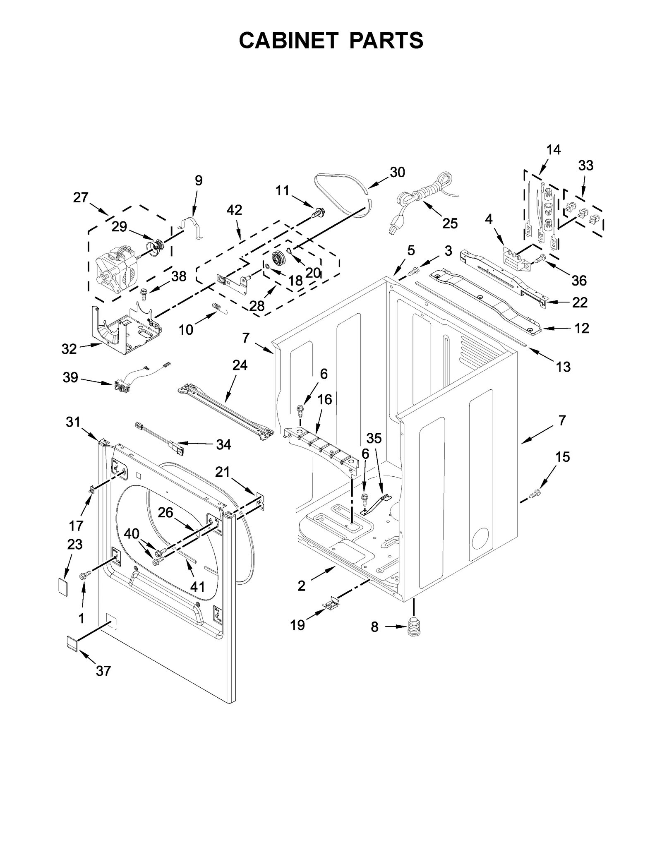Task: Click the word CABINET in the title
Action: [x=290, y=41]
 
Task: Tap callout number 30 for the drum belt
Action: [x=397, y=172]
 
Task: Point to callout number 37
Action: [x=103, y=671]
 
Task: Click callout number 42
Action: [x=234, y=210]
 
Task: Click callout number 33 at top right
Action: [x=585, y=166]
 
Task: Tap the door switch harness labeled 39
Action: [x=122, y=387]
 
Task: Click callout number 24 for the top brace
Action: [x=240, y=365]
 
